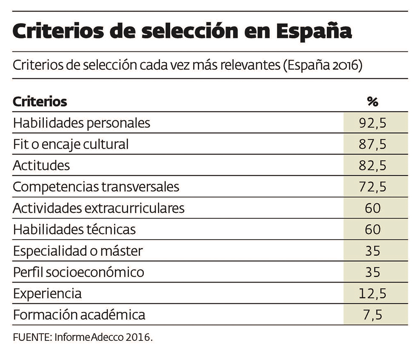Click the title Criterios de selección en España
coord(183,32)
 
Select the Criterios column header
coord(40,102)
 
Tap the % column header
coord(372,102)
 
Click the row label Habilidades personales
coord(82,123)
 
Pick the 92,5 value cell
coord(372,123)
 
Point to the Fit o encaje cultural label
coord(71,144)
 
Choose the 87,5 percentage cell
coord(372,144)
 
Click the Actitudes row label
coord(41,166)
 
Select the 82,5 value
coord(372,166)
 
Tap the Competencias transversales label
coord(96,187)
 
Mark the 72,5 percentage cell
coord(372,187)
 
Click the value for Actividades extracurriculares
coord(372,208)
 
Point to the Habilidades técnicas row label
coord(74,229)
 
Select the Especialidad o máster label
coord(78,251)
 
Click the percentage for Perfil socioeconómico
coord(372,272)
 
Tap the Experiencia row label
coord(47,293)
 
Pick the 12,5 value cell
coord(372,293)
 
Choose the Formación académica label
coord(79,314)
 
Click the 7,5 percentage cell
coord(372,314)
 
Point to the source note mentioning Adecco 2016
coord(83,337)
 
